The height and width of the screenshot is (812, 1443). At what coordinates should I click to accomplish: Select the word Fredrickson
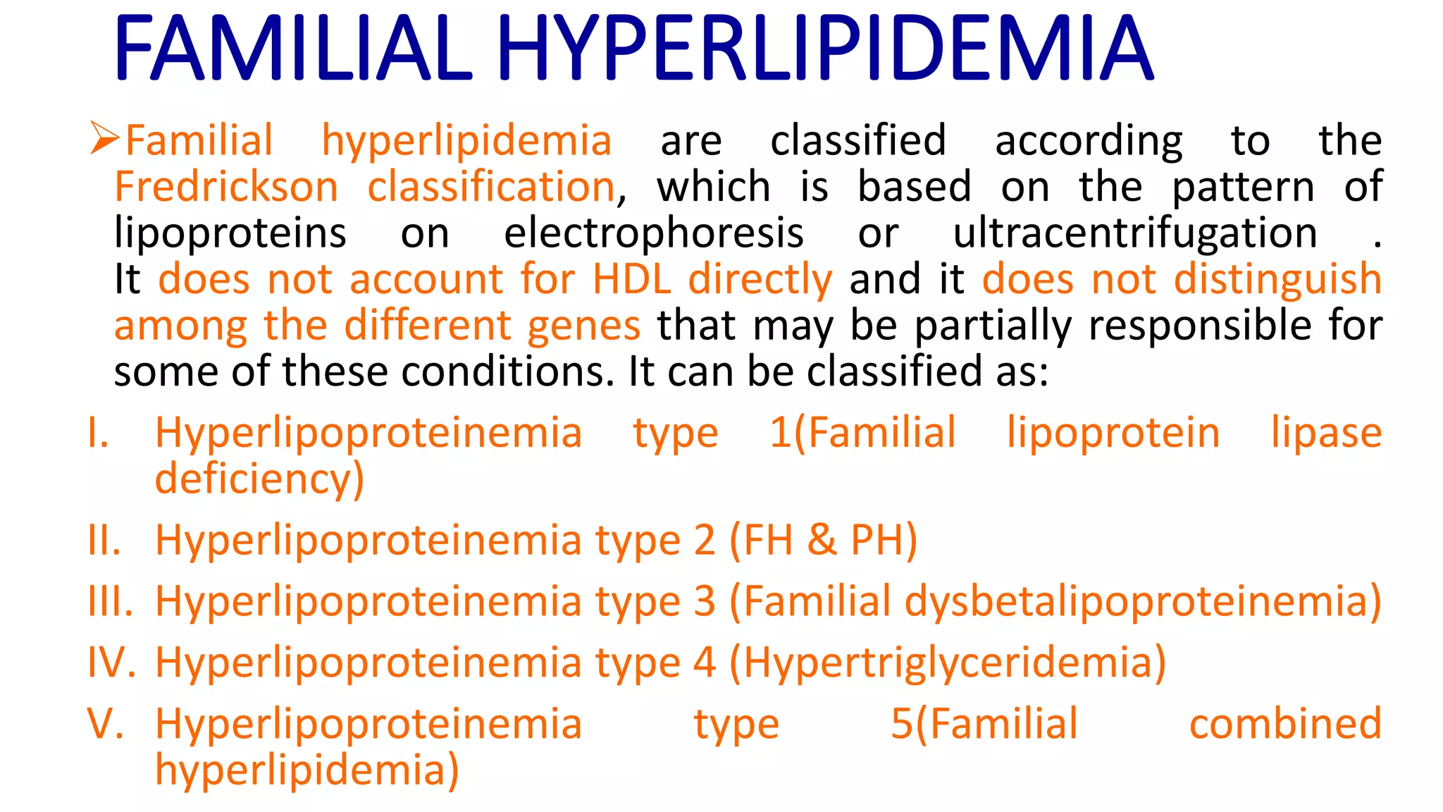point(226,187)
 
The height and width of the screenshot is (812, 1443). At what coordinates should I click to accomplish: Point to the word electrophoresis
point(653,233)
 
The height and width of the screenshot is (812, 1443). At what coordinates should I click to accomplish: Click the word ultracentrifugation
point(1134,233)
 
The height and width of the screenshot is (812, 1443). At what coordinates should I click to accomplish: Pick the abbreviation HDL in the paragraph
point(631,279)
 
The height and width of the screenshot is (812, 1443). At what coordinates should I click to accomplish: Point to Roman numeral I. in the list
point(99,433)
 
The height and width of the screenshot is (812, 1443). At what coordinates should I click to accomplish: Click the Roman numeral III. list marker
point(110,602)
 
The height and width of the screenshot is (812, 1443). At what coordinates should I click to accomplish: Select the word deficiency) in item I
point(259,479)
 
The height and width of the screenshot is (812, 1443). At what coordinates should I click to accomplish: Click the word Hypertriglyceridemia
point(955,663)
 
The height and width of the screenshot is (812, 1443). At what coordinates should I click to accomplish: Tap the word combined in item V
point(1285,724)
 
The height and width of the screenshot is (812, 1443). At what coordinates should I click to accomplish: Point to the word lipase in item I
point(1326,433)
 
